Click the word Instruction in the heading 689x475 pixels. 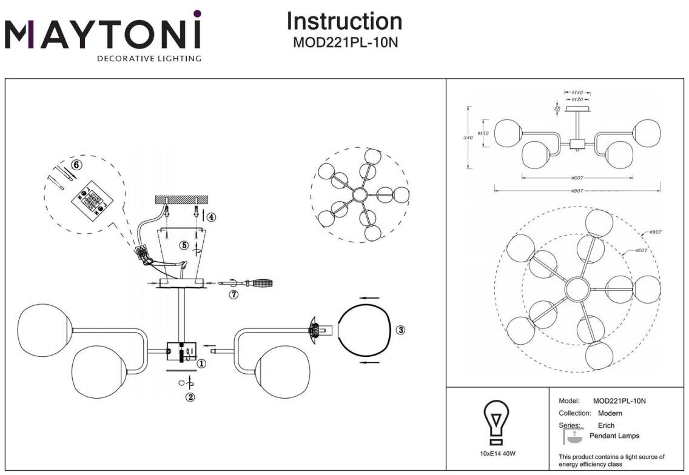click(344, 21)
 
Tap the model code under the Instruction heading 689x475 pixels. click(344, 43)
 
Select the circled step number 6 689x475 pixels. click(76, 164)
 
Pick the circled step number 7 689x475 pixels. click(234, 294)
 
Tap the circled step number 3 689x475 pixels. click(400, 330)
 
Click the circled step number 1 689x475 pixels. click(201, 364)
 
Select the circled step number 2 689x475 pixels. click(190, 397)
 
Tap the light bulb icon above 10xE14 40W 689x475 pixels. click(497, 420)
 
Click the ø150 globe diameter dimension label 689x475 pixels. click(483, 133)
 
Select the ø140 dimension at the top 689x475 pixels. click(577, 93)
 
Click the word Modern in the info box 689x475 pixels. click(610, 413)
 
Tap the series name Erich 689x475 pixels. click(606, 425)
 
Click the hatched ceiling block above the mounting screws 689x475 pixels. click(181, 199)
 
